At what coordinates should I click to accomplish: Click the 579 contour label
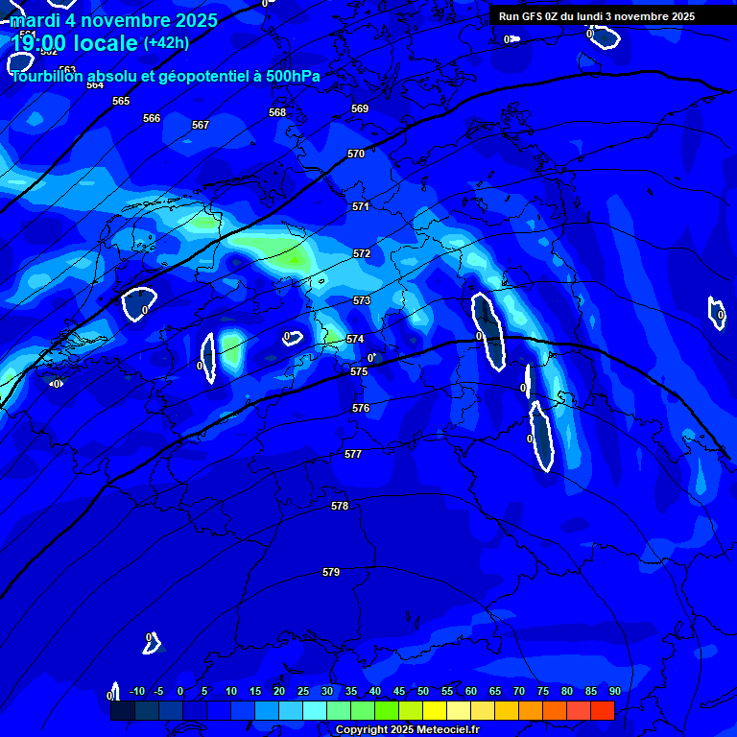point(331,572)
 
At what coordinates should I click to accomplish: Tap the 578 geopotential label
point(340,506)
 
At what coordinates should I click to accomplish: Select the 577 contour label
point(353,454)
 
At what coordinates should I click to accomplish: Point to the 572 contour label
point(362,253)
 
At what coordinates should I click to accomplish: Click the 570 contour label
point(356,154)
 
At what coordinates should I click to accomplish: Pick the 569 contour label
point(360,108)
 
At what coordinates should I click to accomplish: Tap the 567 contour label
point(201,125)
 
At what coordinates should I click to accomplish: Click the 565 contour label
point(121,101)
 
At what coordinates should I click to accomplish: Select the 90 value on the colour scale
point(614,691)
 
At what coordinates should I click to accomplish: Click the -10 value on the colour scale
point(136,691)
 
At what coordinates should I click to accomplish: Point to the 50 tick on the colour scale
point(423,691)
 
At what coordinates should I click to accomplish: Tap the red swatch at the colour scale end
point(602,710)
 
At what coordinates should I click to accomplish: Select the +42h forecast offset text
point(166,43)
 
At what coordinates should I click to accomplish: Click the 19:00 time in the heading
point(38,43)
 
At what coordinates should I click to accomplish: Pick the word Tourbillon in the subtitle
point(46,77)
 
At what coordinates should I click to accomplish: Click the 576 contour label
point(361,408)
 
